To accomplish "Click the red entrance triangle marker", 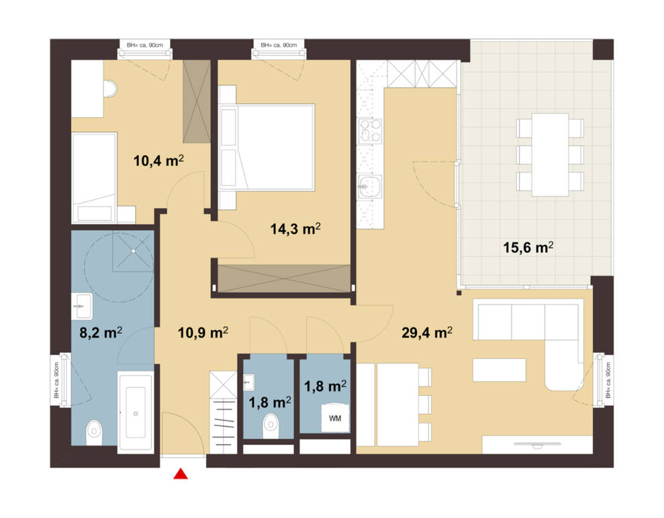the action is tap(181, 474).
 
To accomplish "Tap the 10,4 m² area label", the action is tap(159, 161).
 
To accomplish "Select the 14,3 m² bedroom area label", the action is tap(295, 229).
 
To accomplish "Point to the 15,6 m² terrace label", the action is tap(528, 247).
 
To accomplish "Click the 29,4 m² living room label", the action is tap(427, 333).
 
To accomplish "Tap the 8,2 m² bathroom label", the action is tap(101, 333).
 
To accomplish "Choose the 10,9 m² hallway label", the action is tap(203, 333).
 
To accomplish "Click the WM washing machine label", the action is tap(335, 419).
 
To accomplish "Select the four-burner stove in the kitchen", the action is tap(371, 132).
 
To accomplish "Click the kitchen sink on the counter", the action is tap(370, 187).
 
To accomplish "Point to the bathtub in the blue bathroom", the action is tap(136, 413).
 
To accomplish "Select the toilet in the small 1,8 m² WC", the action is tap(271, 426).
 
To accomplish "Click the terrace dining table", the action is tap(550, 155).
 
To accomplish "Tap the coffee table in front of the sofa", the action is tap(500, 370).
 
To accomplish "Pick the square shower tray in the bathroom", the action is tap(133, 252).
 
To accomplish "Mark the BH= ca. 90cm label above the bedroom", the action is tap(279, 45).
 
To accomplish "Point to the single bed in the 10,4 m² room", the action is tap(94, 178).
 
